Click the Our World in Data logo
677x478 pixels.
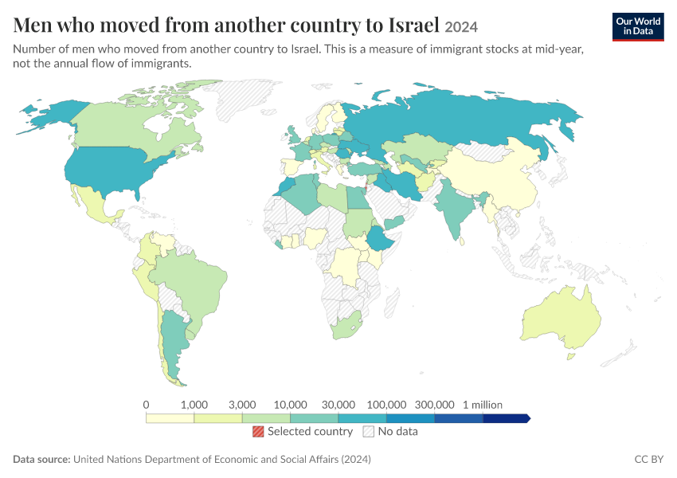(x=638, y=27)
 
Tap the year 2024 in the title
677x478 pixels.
(x=461, y=27)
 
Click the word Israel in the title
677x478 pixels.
(x=413, y=25)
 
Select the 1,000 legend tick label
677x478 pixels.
(x=194, y=405)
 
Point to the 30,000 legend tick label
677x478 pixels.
(x=338, y=405)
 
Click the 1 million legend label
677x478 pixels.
(x=483, y=405)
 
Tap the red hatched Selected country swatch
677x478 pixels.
(x=258, y=431)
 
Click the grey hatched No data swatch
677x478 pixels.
(x=369, y=431)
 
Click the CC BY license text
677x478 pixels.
(x=649, y=459)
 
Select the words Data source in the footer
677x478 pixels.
(x=41, y=459)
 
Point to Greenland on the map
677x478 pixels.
(x=242, y=99)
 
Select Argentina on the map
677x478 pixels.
(x=174, y=341)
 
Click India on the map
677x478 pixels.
(x=456, y=207)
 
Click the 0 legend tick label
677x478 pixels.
(x=146, y=405)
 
